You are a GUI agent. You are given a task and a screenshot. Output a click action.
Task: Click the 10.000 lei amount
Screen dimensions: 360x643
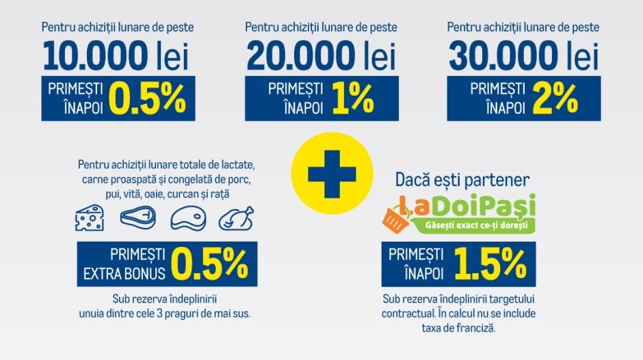(x=117, y=55)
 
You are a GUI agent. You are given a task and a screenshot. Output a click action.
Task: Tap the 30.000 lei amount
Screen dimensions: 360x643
(x=523, y=55)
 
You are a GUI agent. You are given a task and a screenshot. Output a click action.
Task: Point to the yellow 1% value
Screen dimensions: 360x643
(x=353, y=99)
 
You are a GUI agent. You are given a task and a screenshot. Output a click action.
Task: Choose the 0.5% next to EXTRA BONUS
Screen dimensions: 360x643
(x=211, y=263)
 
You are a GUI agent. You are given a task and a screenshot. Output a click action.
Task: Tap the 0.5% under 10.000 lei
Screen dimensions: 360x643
(x=148, y=99)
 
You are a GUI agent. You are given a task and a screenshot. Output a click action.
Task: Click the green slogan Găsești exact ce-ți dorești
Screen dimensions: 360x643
(x=471, y=224)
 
